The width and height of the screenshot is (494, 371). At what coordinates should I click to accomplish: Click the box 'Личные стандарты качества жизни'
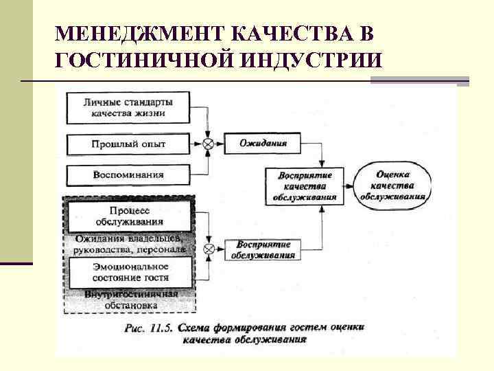(128, 109)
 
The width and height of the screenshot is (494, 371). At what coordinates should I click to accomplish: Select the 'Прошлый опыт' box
(128, 145)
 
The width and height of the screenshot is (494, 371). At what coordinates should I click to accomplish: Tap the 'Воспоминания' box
(128, 175)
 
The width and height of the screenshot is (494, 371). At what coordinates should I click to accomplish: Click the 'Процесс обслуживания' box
(128, 216)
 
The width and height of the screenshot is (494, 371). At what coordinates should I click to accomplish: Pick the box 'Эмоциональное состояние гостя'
(128, 272)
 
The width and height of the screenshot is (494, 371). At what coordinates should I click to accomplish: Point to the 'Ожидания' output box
(263, 144)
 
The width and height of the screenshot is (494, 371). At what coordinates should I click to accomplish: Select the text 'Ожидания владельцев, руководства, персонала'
(128, 244)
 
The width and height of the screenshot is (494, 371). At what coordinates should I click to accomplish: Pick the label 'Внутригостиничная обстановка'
(128, 300)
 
